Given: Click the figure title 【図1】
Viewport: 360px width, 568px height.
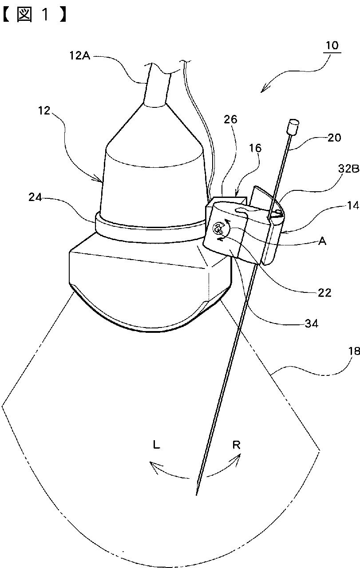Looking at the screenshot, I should (x=34, y=15).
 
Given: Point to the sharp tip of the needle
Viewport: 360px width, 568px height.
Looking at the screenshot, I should (x=196, y=494).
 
